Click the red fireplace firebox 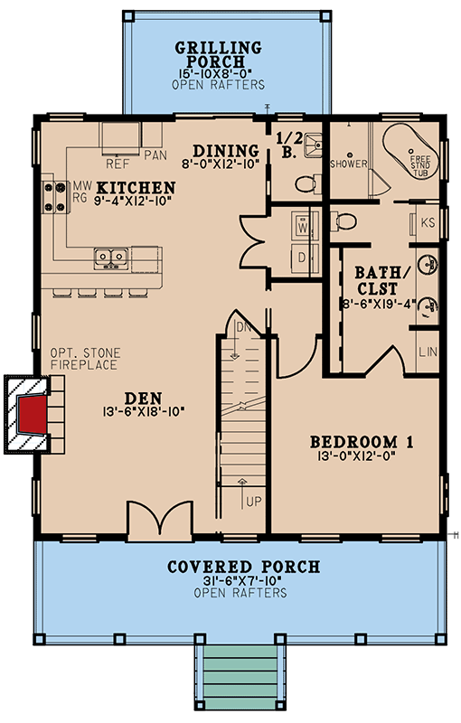[x=33, y=414]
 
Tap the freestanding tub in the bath [x=410, y=150]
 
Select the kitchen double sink [x=111, y=258]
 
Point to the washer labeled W [x=303, y=224]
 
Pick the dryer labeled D [x=303, y=258]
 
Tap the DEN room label [x=143, y=399]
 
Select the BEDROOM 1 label [x=362, y=442]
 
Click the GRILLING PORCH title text [x=218, y=54]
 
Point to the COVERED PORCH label [x=243, y=567]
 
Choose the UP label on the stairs [x=253, y=502]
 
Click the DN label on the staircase [x=242, y=327]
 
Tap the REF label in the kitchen [x=118, y=164]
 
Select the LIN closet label [x=428, y=352]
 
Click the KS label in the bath [x=428, y=222]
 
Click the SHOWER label [x=349, y=164]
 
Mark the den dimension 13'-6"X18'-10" [x=144, y=411]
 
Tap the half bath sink [x=313, y=145]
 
